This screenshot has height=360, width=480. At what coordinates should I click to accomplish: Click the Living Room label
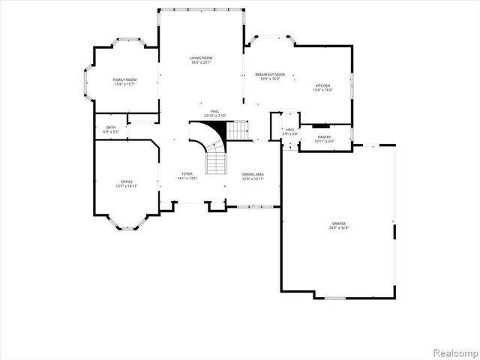tap(201, 58)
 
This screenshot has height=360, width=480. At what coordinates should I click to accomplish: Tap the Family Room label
tap(124, 79)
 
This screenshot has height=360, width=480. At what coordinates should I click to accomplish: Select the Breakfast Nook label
tap(269, 74)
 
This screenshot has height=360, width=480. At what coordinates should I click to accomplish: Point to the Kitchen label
tap(322, 85)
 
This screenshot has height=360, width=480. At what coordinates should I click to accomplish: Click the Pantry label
tap(324, 136)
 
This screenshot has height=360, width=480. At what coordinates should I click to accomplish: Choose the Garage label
tap(339, 223)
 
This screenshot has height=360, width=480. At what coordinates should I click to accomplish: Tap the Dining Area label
tap(252, 175)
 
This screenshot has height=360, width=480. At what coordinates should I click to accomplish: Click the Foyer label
tap(187, 174)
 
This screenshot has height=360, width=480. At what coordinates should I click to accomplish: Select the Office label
tap(127, 181)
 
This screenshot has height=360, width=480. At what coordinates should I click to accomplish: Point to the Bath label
tap(111, 127)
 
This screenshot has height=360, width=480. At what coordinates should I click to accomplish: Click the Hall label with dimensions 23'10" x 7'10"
tap(214, 111)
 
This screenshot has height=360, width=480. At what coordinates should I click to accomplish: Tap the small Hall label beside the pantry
tap(290, 130)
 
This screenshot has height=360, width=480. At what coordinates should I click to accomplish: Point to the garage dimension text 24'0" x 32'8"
tap(339, 228)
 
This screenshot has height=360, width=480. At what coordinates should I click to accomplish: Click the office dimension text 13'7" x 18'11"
tap(127, 186)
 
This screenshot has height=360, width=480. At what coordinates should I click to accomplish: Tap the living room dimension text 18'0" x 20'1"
tap(201, 63)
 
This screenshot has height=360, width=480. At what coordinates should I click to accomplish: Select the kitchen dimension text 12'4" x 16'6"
tap(322, 90)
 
